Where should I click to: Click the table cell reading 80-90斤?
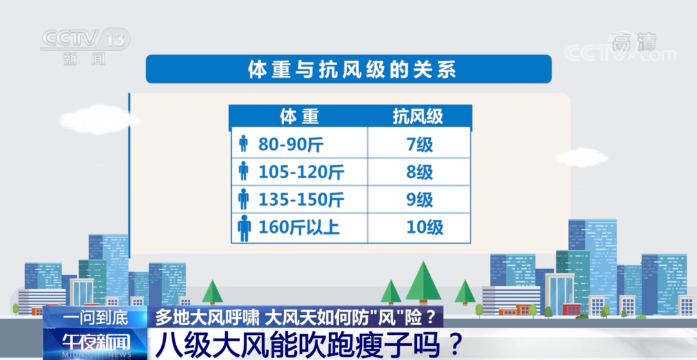299,143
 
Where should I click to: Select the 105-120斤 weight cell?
299,172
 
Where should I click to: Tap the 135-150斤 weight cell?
299,199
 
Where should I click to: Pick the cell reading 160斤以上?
299,228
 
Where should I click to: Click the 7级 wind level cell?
419,143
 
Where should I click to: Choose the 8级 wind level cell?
419,172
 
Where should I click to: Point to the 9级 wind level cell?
419,199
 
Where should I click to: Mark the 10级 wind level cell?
419,228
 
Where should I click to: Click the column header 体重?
299,116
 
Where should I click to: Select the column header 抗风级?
418,116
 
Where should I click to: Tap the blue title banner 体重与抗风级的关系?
348,69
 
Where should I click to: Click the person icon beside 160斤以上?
244,228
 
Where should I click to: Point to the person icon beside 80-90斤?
243,144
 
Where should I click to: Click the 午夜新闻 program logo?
96,343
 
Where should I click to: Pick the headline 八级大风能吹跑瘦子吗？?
309,344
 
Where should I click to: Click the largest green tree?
423,283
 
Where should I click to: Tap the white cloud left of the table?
99,119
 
